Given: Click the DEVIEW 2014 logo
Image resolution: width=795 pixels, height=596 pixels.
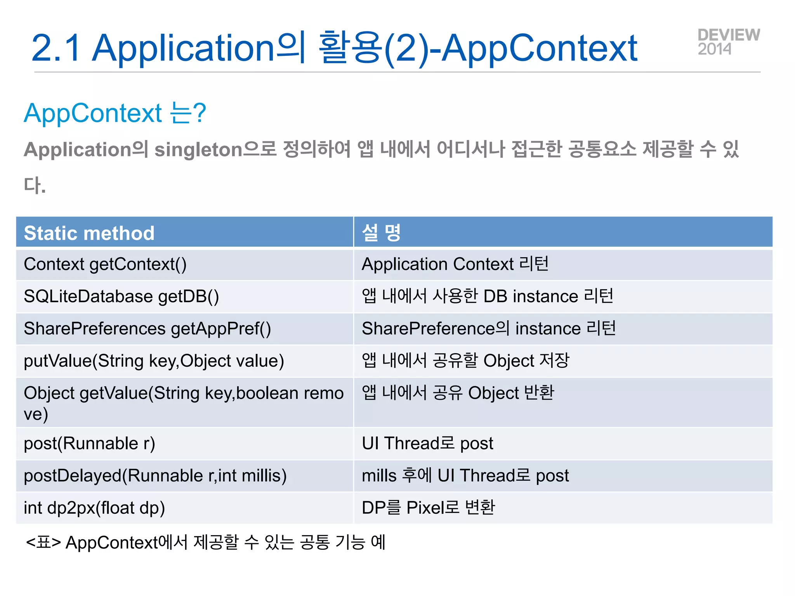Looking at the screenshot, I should point(728,42).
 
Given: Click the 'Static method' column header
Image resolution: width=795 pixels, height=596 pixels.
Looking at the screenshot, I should point(89,233).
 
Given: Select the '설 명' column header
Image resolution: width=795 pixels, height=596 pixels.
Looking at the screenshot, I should point(381,233).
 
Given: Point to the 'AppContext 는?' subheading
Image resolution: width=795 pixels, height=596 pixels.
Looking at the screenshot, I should point(115,113).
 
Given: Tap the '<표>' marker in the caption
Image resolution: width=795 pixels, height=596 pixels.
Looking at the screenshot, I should point(43,542).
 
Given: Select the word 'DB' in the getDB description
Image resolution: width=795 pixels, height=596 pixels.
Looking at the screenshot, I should point(495,297).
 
